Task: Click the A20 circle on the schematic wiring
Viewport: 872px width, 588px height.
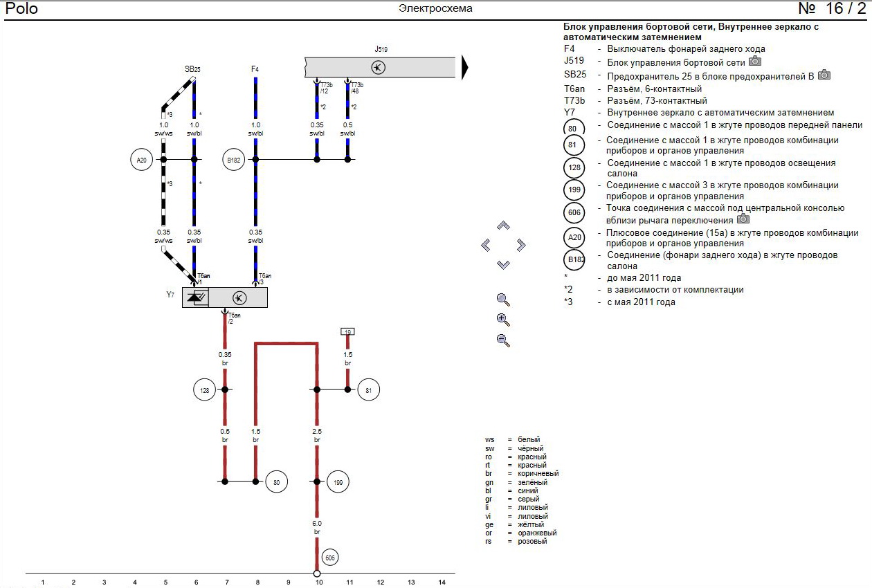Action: click(x=142, y=160)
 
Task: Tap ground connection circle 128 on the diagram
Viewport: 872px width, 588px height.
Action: click(x=204, y=390)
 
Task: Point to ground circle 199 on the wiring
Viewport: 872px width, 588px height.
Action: click(x=338, y=482)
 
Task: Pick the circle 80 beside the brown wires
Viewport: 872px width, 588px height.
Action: click(x=276, y=482)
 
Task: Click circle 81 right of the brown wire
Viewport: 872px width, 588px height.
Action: click(x=368, y=390)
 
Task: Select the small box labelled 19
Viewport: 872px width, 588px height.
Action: click(x=347, y=332)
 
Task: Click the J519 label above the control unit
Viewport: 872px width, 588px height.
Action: click(x=381, y=50)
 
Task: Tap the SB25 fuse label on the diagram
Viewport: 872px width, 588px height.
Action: click(x=192, y=69)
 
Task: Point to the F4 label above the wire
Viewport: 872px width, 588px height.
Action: click(x=255, y=69)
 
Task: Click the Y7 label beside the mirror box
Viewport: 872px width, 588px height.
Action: click(x=170, y=295)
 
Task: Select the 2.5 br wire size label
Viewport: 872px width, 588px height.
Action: click(x=317, y=435)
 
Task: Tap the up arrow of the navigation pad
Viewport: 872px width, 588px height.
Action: click(x=503, y=226)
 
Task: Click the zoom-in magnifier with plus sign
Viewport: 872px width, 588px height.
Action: click(x=503, y=320)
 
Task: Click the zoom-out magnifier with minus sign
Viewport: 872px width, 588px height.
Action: click(x=503, y=340)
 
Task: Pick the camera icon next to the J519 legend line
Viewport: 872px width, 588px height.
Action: click(x=755, y=62)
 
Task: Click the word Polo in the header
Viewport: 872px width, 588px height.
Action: click(x=21, y=9)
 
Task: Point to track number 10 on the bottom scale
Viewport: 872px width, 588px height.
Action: click(x=319, y=582)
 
